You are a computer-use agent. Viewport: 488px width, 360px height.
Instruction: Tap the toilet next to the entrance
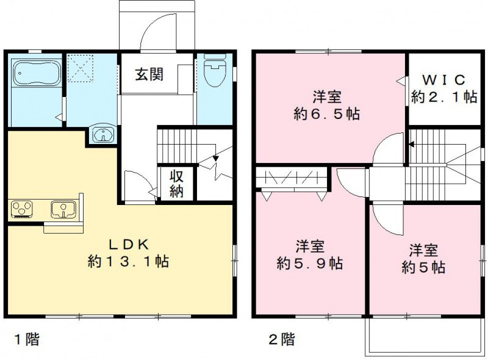point(214,71)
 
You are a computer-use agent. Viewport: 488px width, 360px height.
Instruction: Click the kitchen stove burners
point(23,210)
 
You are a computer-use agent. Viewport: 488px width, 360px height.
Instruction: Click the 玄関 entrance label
point(149,75)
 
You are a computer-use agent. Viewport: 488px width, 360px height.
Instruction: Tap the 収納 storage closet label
point(177,184)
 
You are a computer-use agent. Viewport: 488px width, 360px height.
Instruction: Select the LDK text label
point(129,245)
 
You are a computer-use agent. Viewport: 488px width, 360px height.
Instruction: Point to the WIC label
point(443,80)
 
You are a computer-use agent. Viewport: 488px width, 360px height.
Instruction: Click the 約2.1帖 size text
point(443,97)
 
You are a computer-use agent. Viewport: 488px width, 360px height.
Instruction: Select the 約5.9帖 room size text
point(309,264)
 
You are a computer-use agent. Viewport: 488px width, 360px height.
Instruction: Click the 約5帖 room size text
point(423,267)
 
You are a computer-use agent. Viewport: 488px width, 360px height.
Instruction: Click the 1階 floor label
point(27,339)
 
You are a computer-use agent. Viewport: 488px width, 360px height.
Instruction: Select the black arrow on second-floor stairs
point(412,145)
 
